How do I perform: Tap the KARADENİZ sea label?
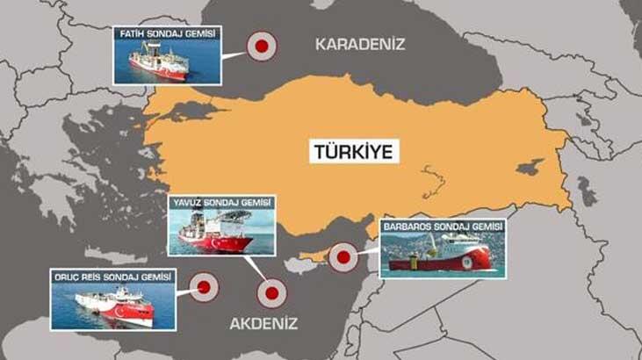click(x=361, y=43)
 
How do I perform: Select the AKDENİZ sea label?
click(x=263, y=324)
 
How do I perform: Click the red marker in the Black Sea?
click(x=261, y=47)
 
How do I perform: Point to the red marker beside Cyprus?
click(x=343, y=258)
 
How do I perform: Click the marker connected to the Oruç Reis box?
click(x=205, y=285)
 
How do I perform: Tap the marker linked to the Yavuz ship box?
click(x=272, y=294)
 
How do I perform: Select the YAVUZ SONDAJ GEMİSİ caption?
click(x=221, y=203)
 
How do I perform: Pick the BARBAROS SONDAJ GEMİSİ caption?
click(x=443, y=227)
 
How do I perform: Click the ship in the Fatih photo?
click(x=159, y=64)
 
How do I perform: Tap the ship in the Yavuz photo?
click(x=215, y=234)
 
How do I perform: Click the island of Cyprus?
click(x=316, y=257)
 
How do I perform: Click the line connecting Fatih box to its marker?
click(x=233, y=54)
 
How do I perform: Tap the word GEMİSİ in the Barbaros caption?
click(x=484, y=227)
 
